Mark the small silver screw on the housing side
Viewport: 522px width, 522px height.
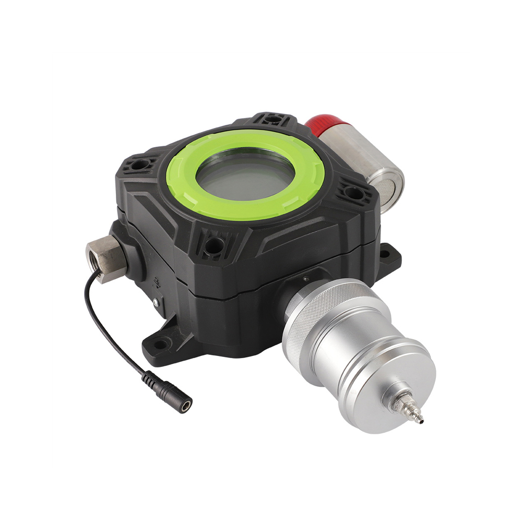tap(155, 301)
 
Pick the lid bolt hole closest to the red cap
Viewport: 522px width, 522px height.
tap(271, 120)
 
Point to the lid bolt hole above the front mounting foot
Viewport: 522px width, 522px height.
tap(212, 243)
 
